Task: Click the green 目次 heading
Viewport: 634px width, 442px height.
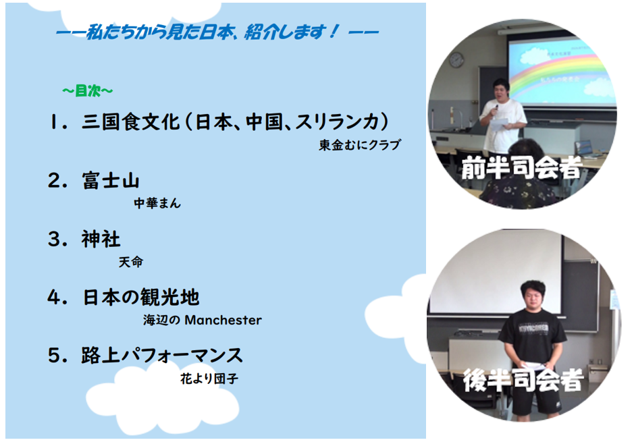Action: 87,91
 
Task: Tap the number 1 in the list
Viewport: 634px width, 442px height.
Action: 53,122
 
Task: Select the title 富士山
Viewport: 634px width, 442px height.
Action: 111,180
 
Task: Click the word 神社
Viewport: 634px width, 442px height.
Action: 101,239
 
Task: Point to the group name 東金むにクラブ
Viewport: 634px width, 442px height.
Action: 360,144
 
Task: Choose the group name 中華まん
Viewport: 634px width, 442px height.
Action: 157,203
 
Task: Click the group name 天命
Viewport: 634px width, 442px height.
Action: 130,262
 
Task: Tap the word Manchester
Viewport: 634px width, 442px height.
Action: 223,321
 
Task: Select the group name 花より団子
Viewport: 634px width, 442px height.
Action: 209,379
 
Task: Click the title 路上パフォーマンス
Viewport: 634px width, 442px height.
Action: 162,356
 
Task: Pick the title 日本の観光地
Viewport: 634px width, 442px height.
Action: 141,298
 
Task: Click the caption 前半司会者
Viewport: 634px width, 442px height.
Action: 522,167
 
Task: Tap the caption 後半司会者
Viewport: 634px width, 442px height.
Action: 523,380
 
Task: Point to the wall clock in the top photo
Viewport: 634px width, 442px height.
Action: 456,60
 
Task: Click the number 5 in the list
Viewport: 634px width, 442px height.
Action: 55,356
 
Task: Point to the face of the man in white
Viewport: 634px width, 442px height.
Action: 501,95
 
